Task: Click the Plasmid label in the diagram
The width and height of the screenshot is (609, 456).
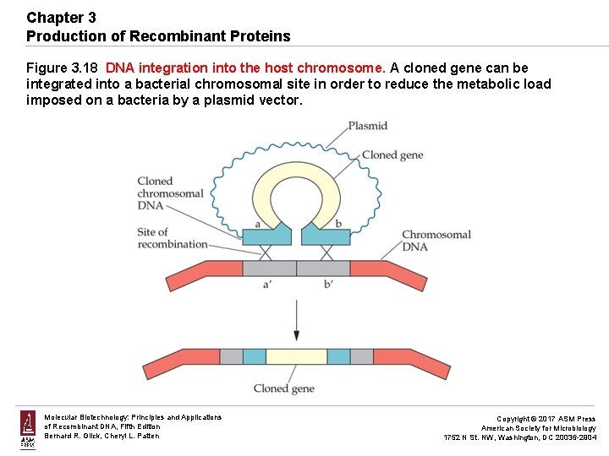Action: [x=367, y=126]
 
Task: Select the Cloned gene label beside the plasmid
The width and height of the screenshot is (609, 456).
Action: [x=392, y=155]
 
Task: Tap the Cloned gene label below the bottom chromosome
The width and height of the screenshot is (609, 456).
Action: [x=284, y=388]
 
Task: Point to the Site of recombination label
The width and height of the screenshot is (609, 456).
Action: [x=173, y=238]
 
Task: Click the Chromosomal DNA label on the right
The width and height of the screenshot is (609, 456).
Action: [x=436, y=241]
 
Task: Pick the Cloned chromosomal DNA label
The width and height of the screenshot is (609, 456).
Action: [x=170, y=193]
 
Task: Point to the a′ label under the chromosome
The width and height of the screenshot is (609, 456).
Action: [x=267, y=286]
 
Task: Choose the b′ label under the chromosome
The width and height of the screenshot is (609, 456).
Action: [x=328, y=286]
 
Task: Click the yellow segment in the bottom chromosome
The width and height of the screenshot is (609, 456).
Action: [x=296, y=356]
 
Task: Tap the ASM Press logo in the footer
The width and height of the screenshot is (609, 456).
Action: [x=28, y=428]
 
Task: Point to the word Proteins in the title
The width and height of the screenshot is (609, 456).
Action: [x=261, y=36]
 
